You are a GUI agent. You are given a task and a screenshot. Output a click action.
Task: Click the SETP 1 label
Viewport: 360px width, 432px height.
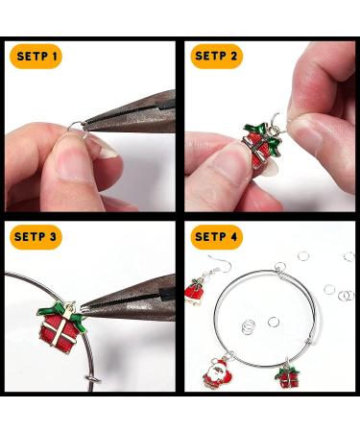pos(37,57)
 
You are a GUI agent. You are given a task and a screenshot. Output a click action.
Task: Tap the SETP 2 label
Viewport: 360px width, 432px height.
pos(216,57)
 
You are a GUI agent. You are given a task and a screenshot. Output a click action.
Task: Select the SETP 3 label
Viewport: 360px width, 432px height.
pos(36,237)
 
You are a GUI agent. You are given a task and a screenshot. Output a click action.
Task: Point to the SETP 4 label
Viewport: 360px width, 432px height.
pos(216,237)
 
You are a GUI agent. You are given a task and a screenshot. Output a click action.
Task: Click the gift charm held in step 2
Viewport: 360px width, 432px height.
pos(262,144)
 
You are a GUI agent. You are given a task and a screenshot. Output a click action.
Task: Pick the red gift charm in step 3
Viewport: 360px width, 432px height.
pos(61,326)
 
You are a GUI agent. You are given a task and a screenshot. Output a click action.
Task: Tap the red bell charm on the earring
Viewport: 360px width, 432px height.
pos(195,291)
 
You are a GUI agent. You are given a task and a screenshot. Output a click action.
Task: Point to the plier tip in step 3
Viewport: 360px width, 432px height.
pos(83,309)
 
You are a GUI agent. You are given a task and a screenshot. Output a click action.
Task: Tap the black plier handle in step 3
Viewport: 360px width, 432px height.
pos(168,294)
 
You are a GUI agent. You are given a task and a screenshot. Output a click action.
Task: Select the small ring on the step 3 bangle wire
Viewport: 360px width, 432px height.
pos(93,380)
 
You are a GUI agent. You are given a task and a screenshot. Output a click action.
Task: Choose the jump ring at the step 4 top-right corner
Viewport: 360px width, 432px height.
pos(349,256)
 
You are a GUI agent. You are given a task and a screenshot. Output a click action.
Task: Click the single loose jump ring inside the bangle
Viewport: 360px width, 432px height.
pos(273,322)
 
